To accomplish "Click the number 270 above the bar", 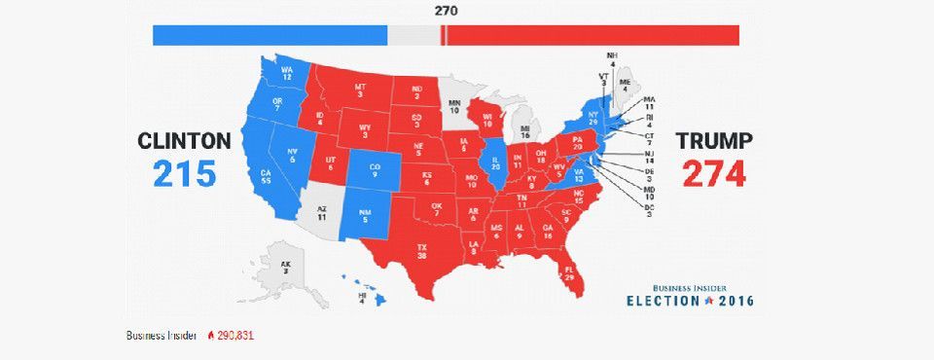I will click(x=447, y=12).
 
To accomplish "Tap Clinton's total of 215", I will click(x=184, y=173).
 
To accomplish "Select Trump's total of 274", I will click(x=713, y=173).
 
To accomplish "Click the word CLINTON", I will click(x=184, y=141).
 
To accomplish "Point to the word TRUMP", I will click(x=714, y=141).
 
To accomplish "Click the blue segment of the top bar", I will click(x=269, y=36).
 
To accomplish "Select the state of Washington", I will click(x=286, y=74).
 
